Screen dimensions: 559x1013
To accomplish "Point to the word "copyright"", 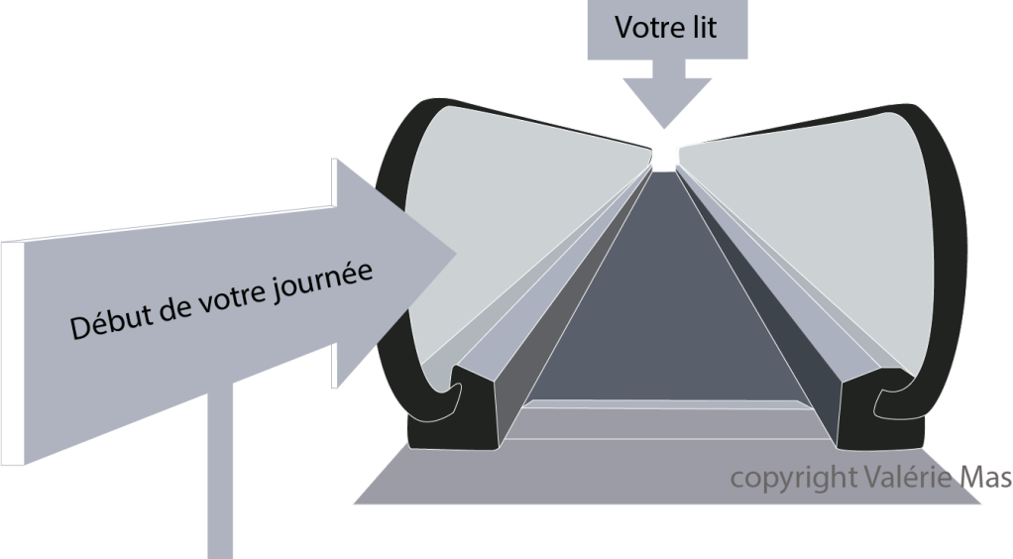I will (791, 478).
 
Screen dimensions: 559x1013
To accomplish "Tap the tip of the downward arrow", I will (664, 127).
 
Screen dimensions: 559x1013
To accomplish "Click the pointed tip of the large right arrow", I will (454, 256).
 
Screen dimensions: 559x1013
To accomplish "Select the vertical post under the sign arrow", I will (220, 476).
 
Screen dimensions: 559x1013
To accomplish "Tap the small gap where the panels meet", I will (665, 156).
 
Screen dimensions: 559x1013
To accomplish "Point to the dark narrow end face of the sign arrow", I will (12, 353).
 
